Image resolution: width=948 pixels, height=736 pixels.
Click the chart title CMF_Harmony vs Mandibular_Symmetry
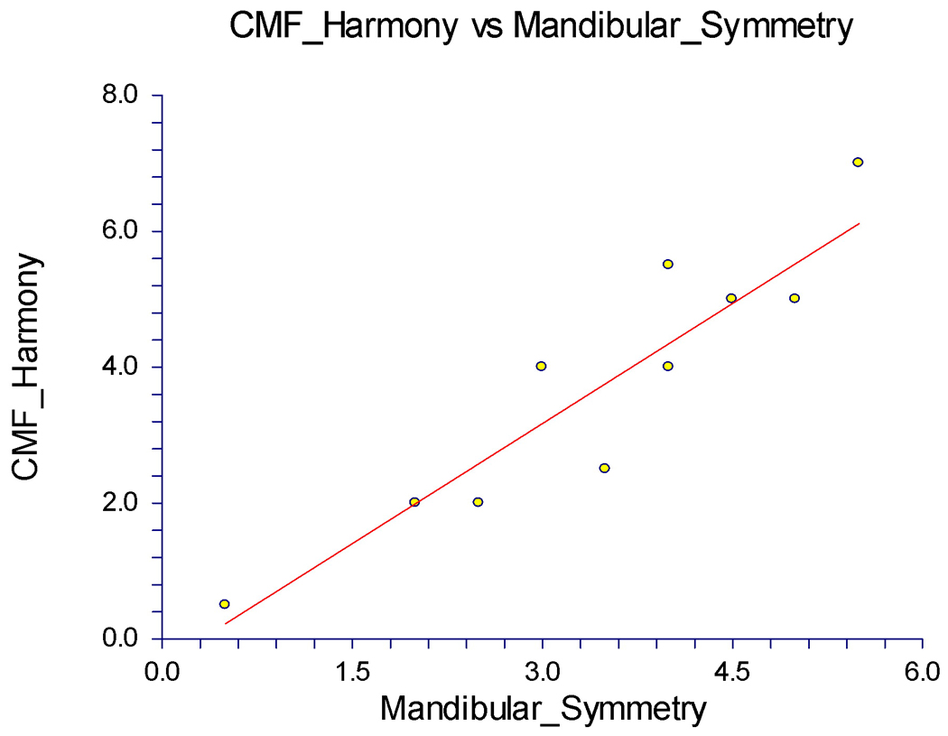click(x=541, y=27)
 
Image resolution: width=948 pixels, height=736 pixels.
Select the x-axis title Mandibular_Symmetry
click(x=542, y=707)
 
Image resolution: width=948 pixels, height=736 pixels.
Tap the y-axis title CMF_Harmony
click(x=27, y=367)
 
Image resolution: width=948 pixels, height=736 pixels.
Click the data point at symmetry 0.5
click(x=224, y=604)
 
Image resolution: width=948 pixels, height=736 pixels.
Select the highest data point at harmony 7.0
click(x=858, y=163)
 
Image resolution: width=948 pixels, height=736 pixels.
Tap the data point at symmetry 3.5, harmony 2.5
click(x=604, y=468)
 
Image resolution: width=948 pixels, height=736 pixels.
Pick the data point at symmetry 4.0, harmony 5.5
click(x=668, y=265)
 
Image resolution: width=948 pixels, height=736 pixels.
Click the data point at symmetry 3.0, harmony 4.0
click(x=541, y=366)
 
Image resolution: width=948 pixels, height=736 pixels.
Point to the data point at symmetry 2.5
click(x=478, y=502)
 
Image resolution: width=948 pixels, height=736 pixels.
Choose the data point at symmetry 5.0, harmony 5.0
click(x=795, y=298)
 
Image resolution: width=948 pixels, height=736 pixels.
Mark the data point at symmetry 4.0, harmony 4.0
click(x=668, y=366)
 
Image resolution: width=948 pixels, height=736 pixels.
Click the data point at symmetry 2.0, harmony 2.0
click(x=414, y=502)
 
